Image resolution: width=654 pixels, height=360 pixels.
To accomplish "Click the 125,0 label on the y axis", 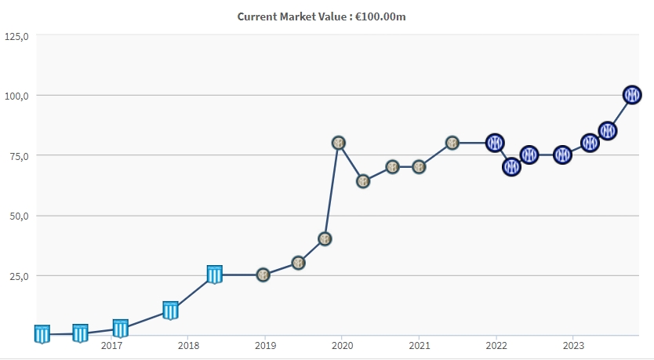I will click(x=16, y=36).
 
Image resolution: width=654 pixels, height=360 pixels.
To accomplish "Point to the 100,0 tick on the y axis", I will click(x=16, y=96).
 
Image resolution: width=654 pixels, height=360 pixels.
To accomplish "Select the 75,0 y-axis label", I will click(x=16, y=156).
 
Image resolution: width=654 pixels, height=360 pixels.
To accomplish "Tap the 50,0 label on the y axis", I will click(x=16, y=216).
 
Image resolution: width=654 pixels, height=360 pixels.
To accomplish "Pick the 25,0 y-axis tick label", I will click(x=16, y=276).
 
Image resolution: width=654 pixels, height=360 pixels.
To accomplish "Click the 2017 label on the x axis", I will click(x=111, y=345).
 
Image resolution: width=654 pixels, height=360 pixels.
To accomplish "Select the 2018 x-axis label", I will click(x=188, y=345).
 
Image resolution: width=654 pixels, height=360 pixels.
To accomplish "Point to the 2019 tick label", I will click(x=265, y=345).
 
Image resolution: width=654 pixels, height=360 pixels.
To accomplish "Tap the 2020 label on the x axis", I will click(x=342, y=345).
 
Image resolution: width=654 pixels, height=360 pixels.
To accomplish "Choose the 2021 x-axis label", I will click(x=419, y=345).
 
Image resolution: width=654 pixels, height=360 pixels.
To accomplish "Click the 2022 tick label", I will click(x=496, y=345).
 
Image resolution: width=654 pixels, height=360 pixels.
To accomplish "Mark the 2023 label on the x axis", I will click(x=572, y=345).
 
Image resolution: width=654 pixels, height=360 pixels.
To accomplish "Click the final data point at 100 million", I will click(x=632, y=95).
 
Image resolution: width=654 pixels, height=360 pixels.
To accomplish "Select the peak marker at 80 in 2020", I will click(x=339, y=143).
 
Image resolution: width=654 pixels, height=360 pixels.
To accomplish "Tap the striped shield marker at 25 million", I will click(x=215, y=275).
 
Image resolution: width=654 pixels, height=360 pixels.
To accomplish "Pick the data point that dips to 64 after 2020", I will click(x=363, y=181).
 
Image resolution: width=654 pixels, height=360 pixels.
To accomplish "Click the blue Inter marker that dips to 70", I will click(x=511, y=167).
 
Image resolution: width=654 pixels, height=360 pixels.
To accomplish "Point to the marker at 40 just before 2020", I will click(x=325, y=238).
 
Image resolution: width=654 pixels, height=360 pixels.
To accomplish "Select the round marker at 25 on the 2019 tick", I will click(x=263, y=275).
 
